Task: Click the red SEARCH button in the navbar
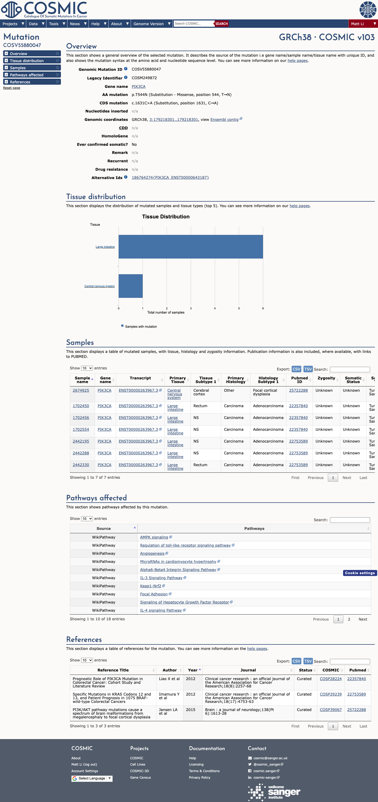tap(221, 24)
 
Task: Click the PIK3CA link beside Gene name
tap(138, 87)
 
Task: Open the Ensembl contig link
tap(224, 120)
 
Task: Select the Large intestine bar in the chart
tap(191, 246)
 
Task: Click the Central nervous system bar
tap(130, 286)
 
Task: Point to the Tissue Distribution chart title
tap(166, 217)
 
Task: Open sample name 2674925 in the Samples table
tap(81, 390)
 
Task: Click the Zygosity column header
tap(326, 378)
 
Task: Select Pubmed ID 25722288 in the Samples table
tap(298, 390)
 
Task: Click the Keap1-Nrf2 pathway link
tap(150, 586)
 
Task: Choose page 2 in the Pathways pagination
tap(349, 619)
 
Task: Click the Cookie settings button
tap(360, 573)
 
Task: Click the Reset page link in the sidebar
tap(12, 88)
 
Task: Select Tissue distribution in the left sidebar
tap(27, 61)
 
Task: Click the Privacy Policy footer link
tap(199, 777)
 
